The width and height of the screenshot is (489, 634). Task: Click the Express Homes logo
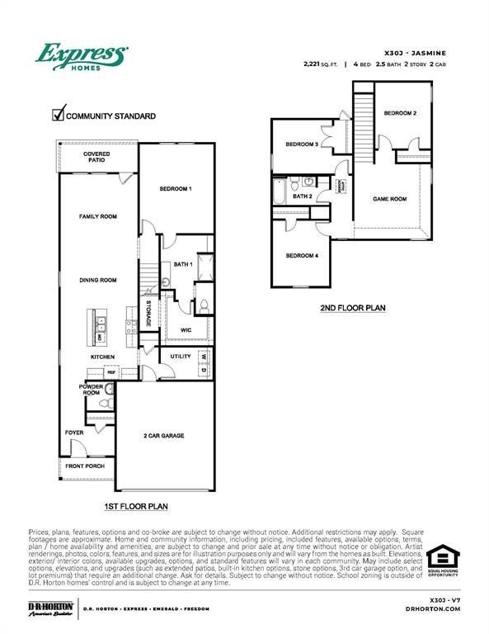click(x=80, y=57)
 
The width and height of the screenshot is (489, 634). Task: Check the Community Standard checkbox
click(x=58, y=115)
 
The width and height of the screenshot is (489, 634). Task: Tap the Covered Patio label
click(x=98, y=156)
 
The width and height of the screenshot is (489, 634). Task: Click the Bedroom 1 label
click(x=176, y=189)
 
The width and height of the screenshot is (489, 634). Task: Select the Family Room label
click(x=98, y=216)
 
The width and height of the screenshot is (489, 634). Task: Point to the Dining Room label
click(x=98, y=280)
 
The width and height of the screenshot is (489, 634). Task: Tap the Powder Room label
click(x=91, y=390)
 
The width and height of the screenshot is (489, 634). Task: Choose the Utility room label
click(x=181, y=357)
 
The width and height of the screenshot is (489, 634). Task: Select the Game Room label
click(x=390, y=199)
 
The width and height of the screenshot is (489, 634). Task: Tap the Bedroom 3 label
click(x=302, y=144)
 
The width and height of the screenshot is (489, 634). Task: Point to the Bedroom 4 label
click(x=302, y=256)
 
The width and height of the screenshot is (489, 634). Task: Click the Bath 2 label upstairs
click(x=302, y=196)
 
